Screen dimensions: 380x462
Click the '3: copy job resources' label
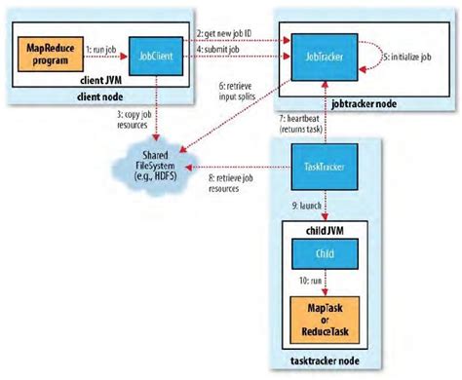(135, 121)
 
